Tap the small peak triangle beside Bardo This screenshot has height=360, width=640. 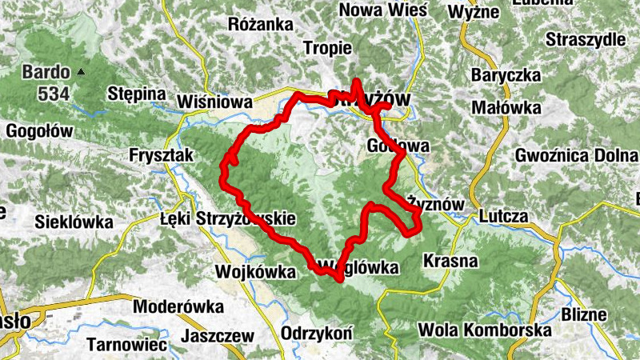81,72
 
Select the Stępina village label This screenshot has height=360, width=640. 137,94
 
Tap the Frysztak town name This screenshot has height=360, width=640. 161,156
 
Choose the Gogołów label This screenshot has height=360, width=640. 39,130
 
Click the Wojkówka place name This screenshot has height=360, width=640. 255,271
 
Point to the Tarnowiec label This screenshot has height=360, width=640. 127,345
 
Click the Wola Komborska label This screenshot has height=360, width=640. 485,330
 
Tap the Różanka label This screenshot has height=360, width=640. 261,25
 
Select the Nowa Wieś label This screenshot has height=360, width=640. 383,10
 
